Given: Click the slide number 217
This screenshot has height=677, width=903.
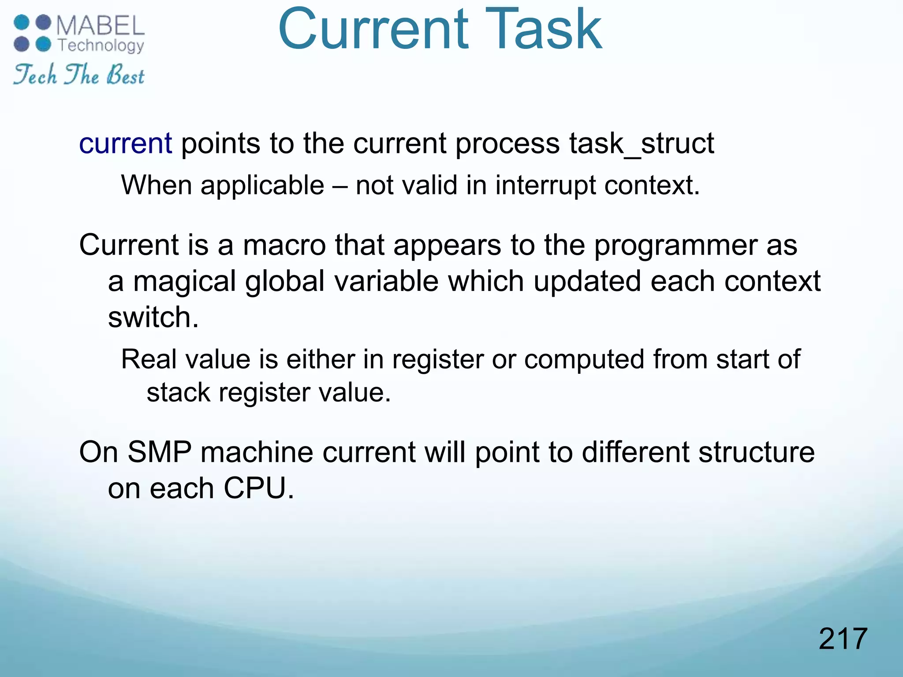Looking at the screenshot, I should pyautogui.click(x=843, y=639).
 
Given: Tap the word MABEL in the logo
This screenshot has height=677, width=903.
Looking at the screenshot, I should pyautogui.click(x=101, y=26).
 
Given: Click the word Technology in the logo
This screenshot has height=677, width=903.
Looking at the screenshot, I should pyautogui.click(x=101, y=46).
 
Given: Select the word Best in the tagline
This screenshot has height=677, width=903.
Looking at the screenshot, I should pyautogui.click(x=125, y=75).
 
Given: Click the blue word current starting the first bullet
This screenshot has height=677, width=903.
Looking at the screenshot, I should pyautogui.click(x=125, y=144).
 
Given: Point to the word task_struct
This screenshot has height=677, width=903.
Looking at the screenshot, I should pyautogui.click(x=642, y=144).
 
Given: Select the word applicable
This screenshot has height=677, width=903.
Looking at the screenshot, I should pyautogui.click(x=262, y=185).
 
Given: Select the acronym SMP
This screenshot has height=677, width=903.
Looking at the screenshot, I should pyautogui.click(x=160, y=452).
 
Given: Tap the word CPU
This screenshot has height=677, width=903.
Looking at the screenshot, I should pyautogui.click(x=258, y=488).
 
